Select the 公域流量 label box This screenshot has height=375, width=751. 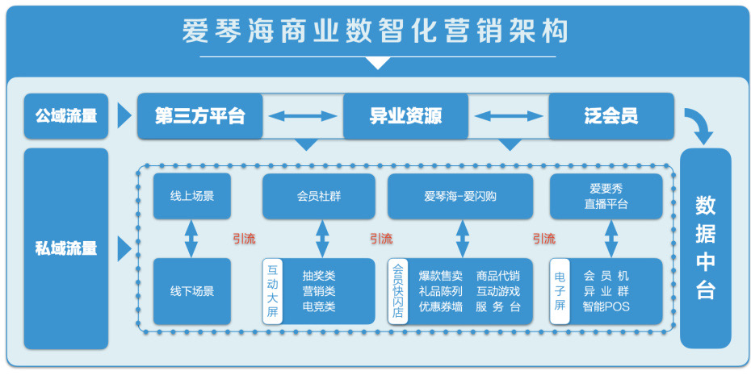(66, 115)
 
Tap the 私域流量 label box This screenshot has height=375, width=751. (66, 248)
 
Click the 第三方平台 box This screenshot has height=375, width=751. (199, 115)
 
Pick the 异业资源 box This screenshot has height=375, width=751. (405, 115)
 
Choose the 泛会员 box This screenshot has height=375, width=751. (610, 115)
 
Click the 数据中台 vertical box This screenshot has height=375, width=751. (705, 248)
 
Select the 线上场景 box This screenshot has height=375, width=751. (191, 196)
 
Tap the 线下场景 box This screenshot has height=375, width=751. (191, 291)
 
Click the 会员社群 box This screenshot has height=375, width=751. (318, 196)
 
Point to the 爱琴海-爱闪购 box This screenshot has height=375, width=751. (459, 196)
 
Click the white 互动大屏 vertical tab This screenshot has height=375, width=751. (272, 291)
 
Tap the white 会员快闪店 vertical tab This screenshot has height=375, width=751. (397, 291)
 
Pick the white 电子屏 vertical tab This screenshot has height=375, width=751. (559, 291)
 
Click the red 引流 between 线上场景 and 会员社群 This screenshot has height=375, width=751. (244, 239)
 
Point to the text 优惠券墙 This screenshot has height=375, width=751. (440, 307)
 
